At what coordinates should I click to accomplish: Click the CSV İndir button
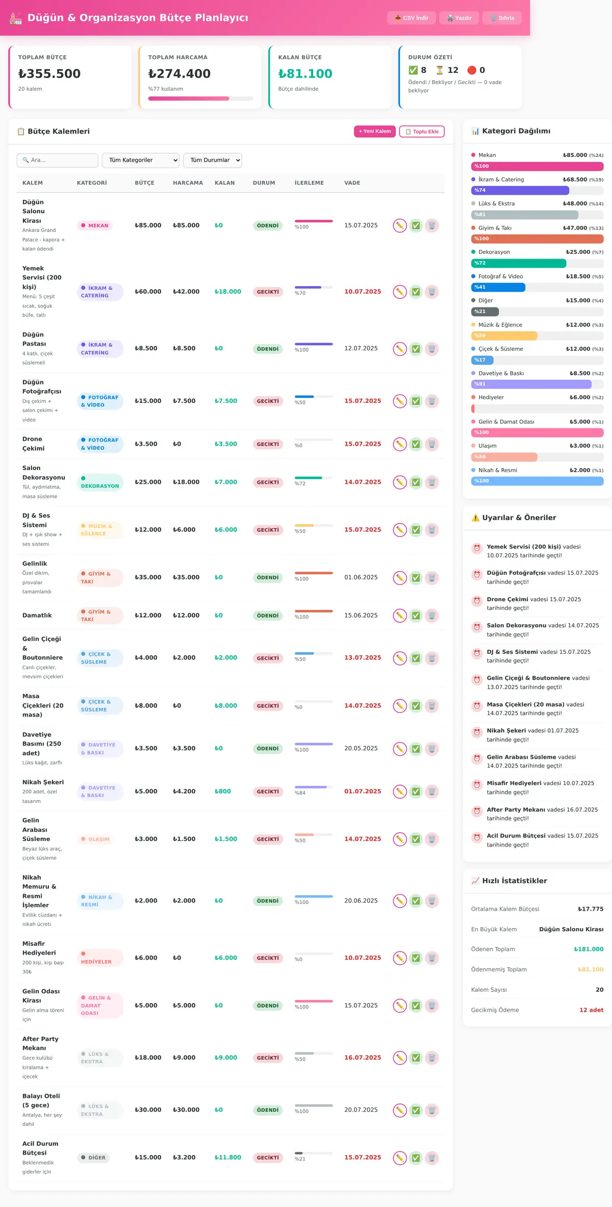click(411, 18)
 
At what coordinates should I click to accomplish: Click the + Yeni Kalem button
click(375, 132)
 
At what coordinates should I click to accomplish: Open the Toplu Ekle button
click(422, 132)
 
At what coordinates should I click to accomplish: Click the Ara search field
click(58, 160)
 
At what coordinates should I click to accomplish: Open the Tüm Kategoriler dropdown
click(141, 160)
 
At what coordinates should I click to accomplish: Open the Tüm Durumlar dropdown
click(213, 160)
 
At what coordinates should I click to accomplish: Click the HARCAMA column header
click(188, 183)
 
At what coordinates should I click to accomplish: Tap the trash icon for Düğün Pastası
click(432, 349)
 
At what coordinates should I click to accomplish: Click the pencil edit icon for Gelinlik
click(400, 578)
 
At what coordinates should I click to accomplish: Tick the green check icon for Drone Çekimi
click(416, 444)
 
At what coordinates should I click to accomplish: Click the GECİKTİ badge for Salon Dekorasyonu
click(268, 482)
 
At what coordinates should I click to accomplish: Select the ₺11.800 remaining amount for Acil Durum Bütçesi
click(227, 1158)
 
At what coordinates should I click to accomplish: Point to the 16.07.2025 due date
click(363, 1058)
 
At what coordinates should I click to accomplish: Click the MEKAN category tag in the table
click(95, 225)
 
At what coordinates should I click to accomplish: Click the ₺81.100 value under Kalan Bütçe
click(305, 74)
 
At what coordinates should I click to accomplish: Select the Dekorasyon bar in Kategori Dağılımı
click(519, 263)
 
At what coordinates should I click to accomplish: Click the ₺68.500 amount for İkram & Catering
click(575, 179)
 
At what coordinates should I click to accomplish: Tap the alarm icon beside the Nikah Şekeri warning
click(477, 732)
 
